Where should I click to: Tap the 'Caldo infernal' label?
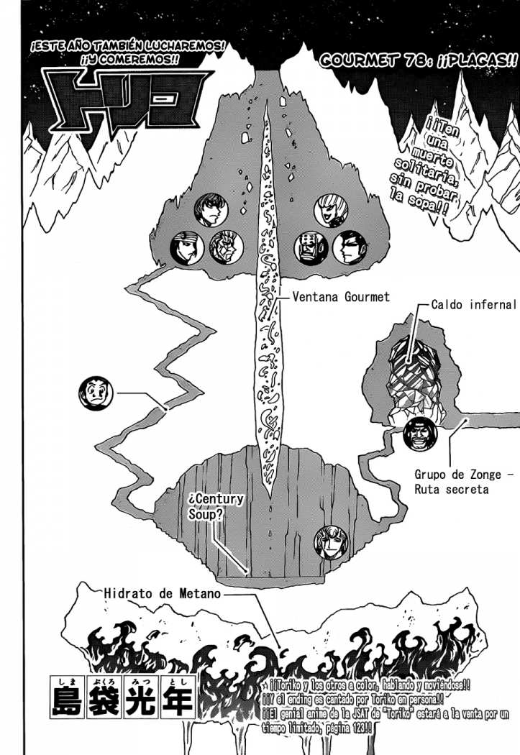tap(473, 304)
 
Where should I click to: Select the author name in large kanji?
tap(122, 695)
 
